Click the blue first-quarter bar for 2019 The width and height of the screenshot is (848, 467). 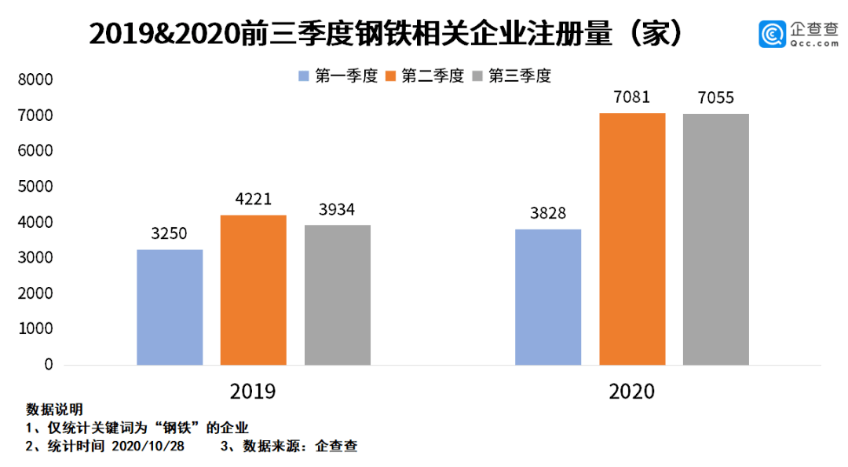(x=170, y=307)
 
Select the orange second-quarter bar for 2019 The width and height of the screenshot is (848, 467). (x=253, y=290)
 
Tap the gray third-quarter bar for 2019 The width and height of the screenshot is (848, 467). (x=338, y=295)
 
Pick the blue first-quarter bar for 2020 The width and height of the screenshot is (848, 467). (x=548, y=297)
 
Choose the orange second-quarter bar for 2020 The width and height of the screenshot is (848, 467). (x=632, y=239)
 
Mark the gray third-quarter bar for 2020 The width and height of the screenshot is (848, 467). (x=715, y=240)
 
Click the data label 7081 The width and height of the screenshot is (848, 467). (x=632, y=98)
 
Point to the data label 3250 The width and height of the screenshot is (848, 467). (x=170, y=234)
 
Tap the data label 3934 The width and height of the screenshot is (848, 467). (x=338, y=210)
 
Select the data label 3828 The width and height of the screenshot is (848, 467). (x=548, y=214)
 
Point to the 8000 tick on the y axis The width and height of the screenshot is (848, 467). (x=36, y=80)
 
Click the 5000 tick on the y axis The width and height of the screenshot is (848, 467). (x=36, y=187)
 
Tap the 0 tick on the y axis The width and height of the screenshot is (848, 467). (x=48, y=366)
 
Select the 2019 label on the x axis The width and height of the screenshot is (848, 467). (x=253, y=391)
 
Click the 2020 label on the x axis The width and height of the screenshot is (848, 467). (x=632, y=391)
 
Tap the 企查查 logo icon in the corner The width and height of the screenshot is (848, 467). (x=772, y=34)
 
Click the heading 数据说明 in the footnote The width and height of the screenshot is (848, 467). (x=54, y=410)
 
